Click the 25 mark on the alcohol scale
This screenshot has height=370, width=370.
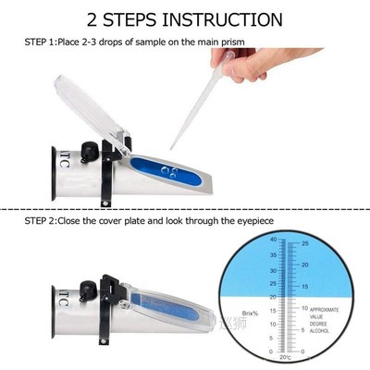pyautogui.click(x=305, y=244)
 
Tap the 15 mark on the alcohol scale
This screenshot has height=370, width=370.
pyautogui.click(x=305, y=288)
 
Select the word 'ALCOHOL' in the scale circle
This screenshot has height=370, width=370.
pyautogui.click(x=323, y=330)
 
